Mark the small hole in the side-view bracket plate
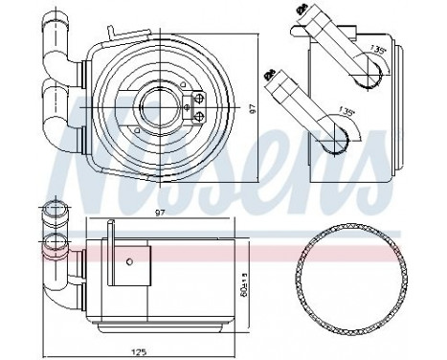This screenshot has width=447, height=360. coord(129,259)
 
